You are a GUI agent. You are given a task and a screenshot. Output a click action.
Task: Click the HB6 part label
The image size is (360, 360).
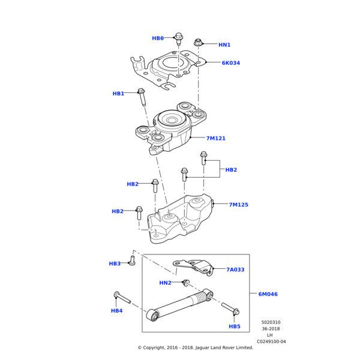click(x=157, y=38)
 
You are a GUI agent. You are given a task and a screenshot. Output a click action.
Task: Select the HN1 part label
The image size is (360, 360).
click(x=224, y=45)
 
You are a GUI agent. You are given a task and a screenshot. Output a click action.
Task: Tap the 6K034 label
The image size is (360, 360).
click(x=230, y=63)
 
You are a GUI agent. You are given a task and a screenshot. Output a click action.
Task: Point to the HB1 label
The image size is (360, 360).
click(x=118, y=94)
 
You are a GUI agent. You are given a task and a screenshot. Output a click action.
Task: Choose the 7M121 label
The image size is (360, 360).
click(x=216, y=139)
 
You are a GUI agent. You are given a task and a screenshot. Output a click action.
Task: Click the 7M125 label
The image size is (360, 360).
click(x=238, y=205)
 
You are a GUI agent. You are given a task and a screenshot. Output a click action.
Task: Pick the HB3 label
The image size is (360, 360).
click(x=115, y=263)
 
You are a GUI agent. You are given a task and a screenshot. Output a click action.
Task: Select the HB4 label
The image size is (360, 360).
click(x=116, y=311)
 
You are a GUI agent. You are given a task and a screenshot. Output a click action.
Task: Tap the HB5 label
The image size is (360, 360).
click(x=235, y=326)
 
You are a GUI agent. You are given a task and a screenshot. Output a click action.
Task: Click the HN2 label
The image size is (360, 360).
click(x=165, y=283)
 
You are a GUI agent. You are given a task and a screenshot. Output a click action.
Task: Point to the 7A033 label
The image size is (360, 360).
click(x=235, y=269)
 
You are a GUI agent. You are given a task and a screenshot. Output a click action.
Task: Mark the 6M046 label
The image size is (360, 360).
click(x=268, y=294)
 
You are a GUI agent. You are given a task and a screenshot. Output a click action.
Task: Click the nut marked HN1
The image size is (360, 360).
click(x=198, y=42)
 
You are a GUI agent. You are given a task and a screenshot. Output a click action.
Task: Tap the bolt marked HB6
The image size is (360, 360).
click(x=179, y=39)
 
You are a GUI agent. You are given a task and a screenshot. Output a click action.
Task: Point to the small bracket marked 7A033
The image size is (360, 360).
click(x=194, y=265)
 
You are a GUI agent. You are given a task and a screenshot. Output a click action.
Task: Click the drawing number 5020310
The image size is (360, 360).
click(x=271, y=322)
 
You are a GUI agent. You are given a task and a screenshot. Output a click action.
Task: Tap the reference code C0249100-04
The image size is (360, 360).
click(x=271, y=341)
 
